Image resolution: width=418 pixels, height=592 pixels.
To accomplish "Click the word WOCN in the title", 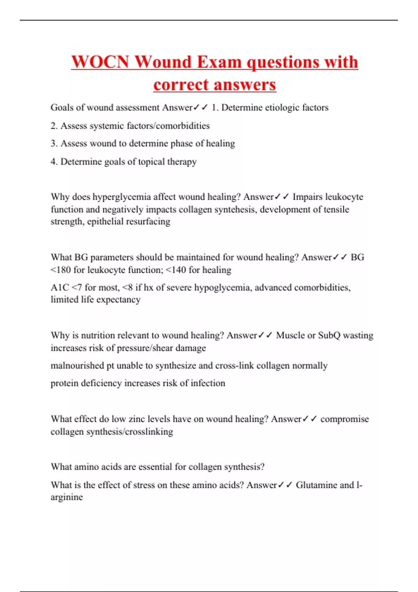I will click(100, 62).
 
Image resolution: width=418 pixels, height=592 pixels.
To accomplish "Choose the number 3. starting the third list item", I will click(54, 143).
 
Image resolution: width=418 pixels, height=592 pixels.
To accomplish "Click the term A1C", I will click(60, 288).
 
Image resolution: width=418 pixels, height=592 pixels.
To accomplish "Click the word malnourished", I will click(77, 366).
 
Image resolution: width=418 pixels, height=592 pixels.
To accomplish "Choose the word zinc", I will click(137, 419).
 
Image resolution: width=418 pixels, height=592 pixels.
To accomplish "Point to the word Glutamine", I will click(317, 485).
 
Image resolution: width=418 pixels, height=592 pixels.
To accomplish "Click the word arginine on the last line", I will click(67, 497).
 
